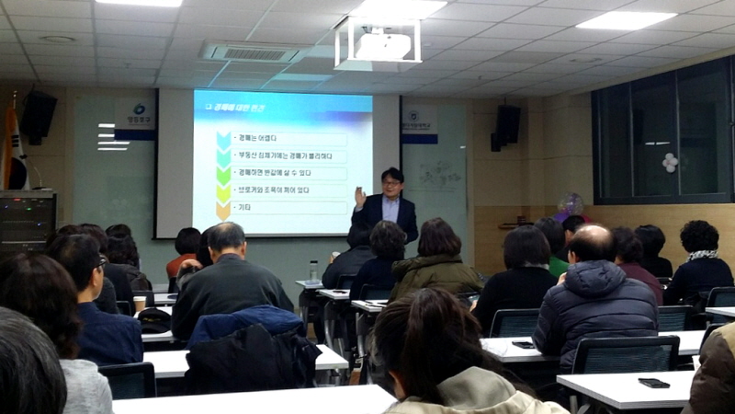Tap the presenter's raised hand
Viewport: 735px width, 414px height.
360,195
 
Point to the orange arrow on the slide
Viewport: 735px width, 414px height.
223,211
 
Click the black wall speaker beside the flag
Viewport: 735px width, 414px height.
39,116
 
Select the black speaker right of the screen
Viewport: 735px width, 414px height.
506,125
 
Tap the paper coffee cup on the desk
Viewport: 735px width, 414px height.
140,303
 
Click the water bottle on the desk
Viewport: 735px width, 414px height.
313,270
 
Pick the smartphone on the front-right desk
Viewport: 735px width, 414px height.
653,383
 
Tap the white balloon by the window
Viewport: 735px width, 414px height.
671,162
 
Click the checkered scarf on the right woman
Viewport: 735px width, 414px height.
703,255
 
